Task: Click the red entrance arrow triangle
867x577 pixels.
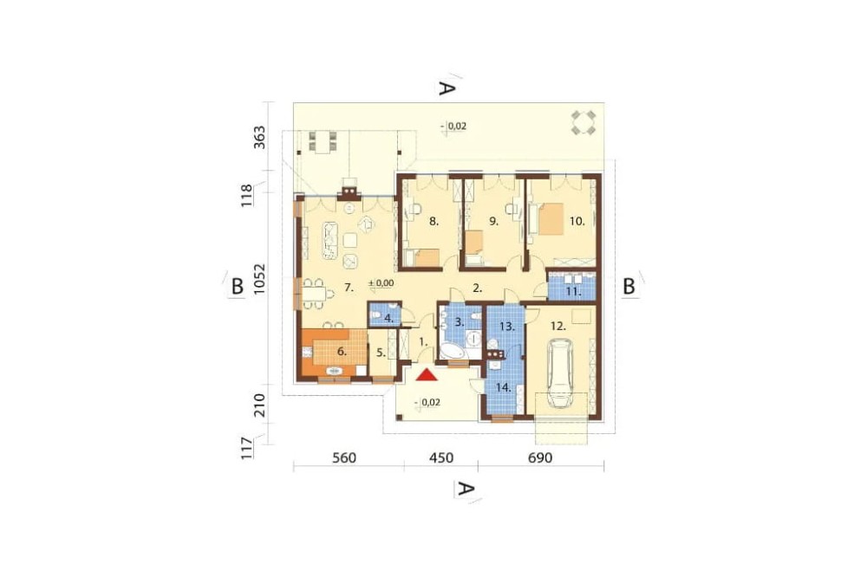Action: [x=427, y=375]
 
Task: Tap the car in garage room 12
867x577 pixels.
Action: [x=559, y=374]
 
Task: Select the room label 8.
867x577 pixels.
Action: [x=434, y=222]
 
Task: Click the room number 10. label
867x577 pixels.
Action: [x=577, y=221]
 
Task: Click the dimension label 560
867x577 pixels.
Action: [x=344, y=458]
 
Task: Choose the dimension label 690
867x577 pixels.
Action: [x=540, y=458]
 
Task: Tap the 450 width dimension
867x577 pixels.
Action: [x=440, y=458]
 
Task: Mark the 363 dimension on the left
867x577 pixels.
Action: [x=260, y=137]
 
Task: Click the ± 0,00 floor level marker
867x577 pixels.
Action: [x=381, y=283]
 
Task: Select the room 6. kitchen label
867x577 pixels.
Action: [x=341, y=352]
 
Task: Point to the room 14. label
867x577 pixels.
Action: [x=503, y=388]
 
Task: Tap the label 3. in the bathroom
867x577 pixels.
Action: [x=459, y=321]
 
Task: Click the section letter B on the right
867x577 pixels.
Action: [x=629, y=286]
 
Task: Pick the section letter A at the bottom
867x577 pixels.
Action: [x=466, y=489]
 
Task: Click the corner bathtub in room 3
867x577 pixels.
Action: [x=451, y=351]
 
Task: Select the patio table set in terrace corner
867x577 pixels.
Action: [x=583, y=123]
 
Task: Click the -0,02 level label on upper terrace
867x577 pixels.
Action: [x=453, y=126]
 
